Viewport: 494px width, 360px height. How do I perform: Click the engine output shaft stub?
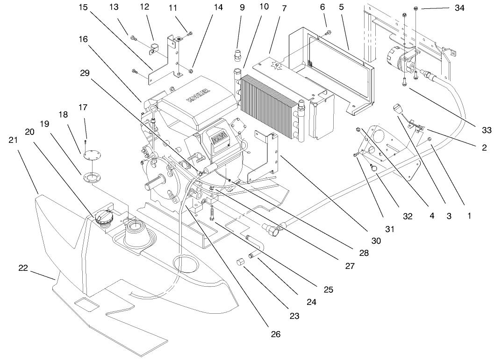(157, 179)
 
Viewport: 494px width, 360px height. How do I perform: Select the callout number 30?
(376, 241)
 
